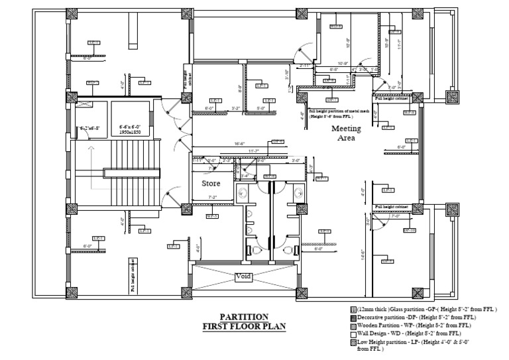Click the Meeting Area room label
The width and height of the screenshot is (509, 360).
coord(346,132)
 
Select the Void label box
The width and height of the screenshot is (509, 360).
coord(243,276)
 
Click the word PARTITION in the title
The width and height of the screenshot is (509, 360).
coord(245,316)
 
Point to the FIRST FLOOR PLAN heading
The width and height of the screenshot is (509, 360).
coord(244,326)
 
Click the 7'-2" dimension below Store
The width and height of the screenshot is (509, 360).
coord(213,198)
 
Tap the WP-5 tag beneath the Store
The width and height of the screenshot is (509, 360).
coord(212,215)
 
